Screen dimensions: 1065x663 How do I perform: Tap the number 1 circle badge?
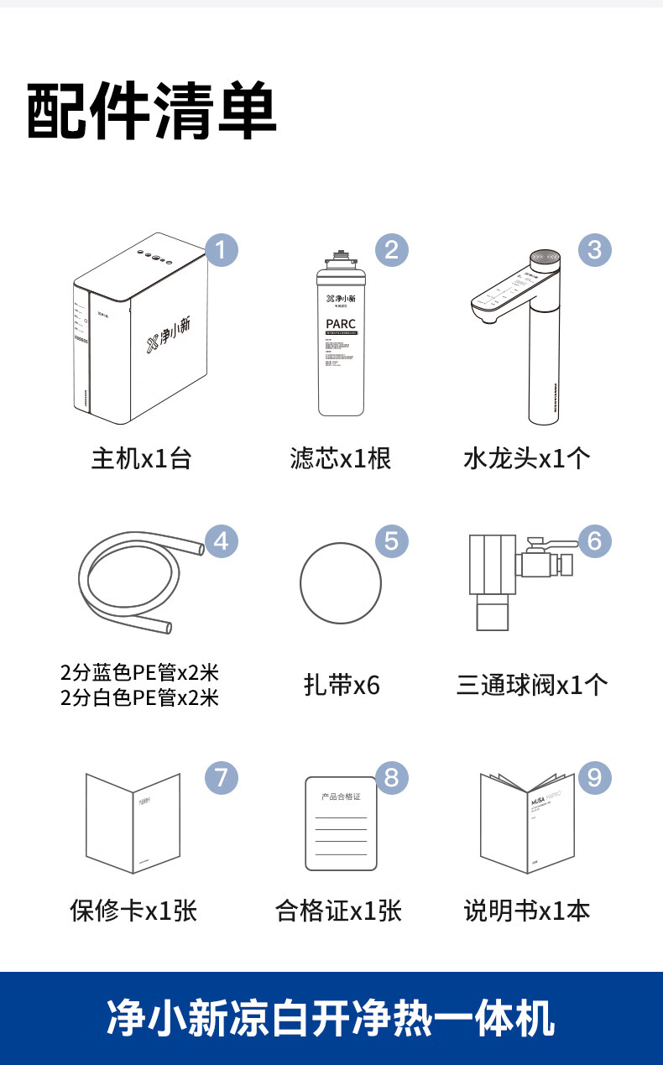coord(222,249)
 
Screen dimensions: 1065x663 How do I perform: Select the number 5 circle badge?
coord(391,541)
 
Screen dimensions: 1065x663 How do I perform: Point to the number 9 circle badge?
coord(594,777)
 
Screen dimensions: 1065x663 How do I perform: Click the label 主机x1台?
coord(141,459)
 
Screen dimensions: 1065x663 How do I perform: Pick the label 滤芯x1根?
coord(341,459)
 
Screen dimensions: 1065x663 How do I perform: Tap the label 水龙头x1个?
coord(527,459)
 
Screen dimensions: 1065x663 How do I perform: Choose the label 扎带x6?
coord(342,686)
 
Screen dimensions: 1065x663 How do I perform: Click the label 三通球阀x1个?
coord(532,686)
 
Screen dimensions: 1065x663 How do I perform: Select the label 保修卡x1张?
coord(133,911)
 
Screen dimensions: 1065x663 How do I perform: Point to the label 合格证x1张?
coord(338,911)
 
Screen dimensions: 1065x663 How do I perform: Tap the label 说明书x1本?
coord(527,911)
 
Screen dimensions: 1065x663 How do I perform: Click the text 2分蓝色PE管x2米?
coord(139,673)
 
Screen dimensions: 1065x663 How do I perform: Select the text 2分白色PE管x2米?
coord(139,697)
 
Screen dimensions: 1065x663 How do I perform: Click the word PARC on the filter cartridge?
coord(341,324)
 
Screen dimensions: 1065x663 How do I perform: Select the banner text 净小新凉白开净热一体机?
coord(331,1018)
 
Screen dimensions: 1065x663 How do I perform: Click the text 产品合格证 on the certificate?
coord(341,796)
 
